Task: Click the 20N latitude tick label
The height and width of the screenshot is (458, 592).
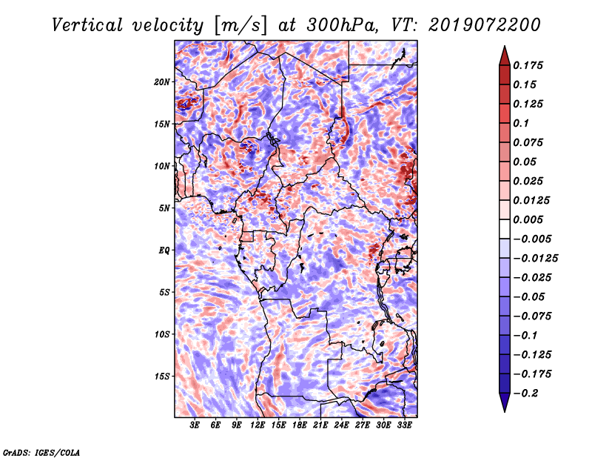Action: (161, 82)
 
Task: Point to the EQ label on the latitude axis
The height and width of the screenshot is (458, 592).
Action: (164, 250)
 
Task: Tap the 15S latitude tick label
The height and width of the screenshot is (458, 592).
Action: (161, 376)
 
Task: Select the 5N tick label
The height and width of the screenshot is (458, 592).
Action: (164, 208)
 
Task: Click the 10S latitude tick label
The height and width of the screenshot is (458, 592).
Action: (161, 334)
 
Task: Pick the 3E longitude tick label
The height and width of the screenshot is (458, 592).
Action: (195, 425)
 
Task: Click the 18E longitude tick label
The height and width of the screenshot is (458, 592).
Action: (300, 425)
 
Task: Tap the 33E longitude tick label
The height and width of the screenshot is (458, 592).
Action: (404, 425)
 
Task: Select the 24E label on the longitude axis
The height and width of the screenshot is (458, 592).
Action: (341, 425)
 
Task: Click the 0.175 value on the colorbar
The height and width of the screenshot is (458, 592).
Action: (528, 65)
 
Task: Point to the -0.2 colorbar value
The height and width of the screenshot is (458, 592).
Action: (525, 394)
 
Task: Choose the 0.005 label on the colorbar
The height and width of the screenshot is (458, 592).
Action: (528, 219)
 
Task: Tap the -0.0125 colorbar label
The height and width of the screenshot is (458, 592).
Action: (535, 259)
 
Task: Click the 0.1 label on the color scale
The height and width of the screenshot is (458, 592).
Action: (521, 123)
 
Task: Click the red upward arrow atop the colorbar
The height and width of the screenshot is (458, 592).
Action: (505, 56)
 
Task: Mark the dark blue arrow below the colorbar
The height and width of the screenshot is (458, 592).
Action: (505, 402)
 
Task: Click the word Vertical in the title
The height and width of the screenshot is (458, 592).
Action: (87, 25)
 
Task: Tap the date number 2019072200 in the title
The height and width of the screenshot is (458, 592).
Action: (485, 25)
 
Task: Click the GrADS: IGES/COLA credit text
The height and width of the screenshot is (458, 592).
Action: (41, 452)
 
